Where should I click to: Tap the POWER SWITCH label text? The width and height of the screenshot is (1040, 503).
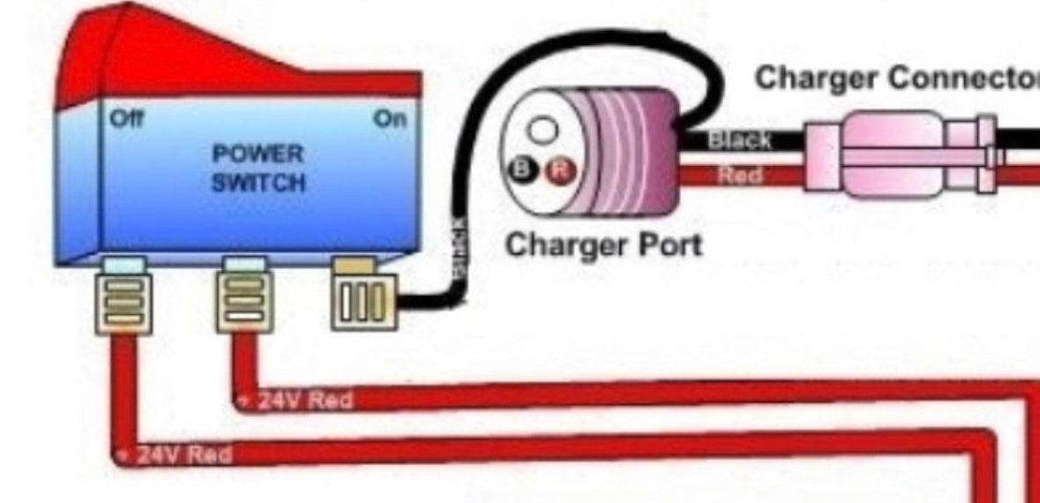(258, 169)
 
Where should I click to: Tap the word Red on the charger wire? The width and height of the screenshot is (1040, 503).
(739, 175)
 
